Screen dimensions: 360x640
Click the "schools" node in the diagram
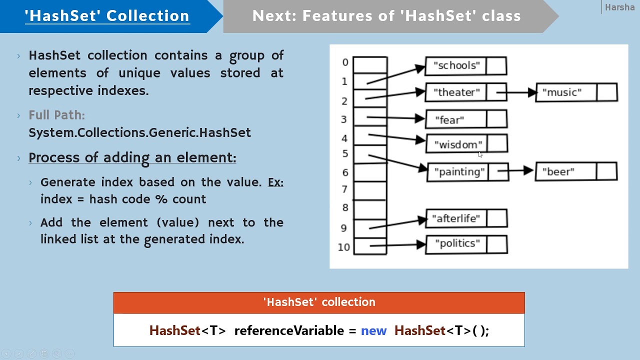point(465,65)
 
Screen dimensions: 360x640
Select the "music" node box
point(576,92)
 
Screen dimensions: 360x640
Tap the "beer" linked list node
point(575,172)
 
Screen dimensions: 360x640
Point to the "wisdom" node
point(466,144)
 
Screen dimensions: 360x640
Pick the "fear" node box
point(465,120)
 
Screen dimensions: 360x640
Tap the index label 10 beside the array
point(344,247)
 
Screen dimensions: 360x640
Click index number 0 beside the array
point(345,62)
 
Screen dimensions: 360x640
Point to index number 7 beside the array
point(344,189)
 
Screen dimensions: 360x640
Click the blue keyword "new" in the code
point(373,330)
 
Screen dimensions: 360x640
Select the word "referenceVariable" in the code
point(289,330)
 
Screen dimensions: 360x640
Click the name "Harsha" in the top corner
point(619,7)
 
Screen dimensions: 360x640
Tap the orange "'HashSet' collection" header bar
point(319,302)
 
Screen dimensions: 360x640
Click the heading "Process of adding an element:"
point(132,157)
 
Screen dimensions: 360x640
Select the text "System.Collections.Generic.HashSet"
point(139,132)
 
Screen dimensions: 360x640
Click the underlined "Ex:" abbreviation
point(275,182)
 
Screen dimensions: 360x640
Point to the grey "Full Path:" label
point(56,115)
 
